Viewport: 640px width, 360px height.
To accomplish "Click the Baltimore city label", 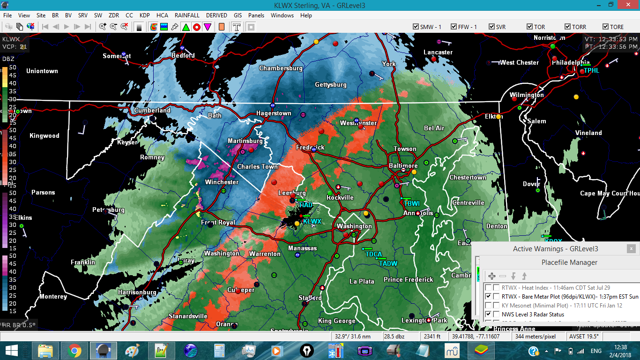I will click(403, 166).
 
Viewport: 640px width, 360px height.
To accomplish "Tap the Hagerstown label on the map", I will click(274, 113).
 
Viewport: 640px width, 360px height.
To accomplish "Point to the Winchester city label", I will click(222, 182).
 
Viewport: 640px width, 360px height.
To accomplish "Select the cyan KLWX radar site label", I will click(312, 221).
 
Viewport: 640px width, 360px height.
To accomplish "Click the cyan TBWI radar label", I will click(412, 203).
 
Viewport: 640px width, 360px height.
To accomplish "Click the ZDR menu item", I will click(114, 15).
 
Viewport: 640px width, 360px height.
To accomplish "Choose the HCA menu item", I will click(162, 15).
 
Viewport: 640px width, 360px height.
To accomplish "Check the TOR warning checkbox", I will click(530, 27).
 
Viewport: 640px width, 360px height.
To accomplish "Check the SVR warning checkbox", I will click(491, 27).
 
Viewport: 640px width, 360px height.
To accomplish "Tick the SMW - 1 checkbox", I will click(416, 27).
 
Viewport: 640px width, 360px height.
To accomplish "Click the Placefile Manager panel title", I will click(569, 262).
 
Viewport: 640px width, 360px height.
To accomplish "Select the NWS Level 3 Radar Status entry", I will click(533, 314).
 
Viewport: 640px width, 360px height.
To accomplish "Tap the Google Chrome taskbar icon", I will click(74, 350).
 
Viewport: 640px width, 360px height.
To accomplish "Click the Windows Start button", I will click(12, 350).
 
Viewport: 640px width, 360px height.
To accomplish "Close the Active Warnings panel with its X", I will click(632, 248).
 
